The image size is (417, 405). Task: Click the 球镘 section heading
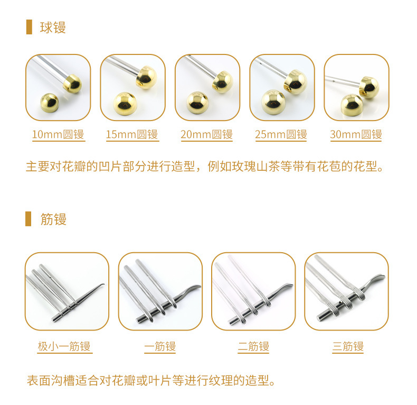pos(53,27)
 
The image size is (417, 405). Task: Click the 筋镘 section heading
pos(53,219)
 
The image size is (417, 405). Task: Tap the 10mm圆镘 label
pos(58,134)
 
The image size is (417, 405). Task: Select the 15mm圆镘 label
pos(132,134)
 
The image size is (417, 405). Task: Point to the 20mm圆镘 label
pos(206,134)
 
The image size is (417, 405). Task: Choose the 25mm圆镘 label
pos(281,134)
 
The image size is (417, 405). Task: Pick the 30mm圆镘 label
pos(356,134)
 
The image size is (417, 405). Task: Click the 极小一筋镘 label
pos(64,346)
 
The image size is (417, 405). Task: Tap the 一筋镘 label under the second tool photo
pos(160,346)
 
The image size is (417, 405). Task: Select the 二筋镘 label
pos(253,346)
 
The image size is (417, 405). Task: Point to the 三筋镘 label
pos(348,346)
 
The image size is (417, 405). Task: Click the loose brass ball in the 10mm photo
pos(50,103)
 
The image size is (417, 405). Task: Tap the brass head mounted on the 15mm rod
pos(146,77)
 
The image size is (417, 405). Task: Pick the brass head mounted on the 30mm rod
pos(369,88)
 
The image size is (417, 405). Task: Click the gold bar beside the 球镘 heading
pos(29,27)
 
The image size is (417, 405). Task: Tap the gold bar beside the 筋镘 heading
pos(28,219)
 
